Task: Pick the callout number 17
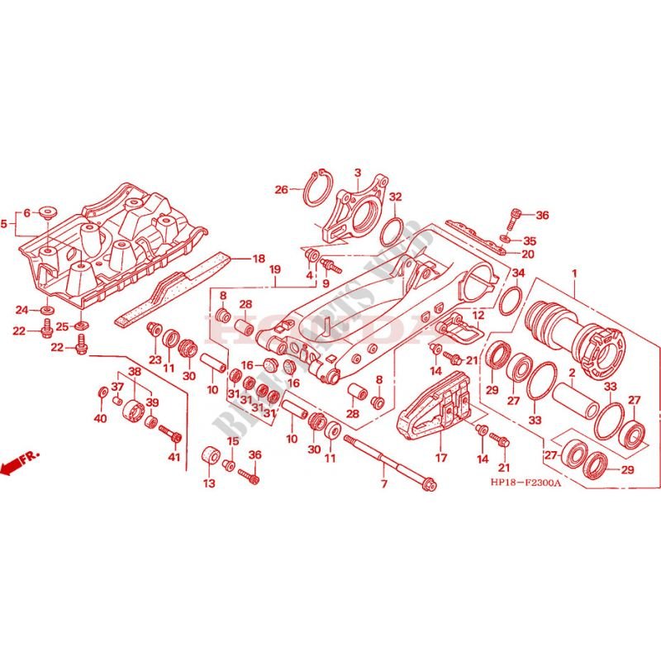tap(440, 456)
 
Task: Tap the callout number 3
tap(358, 173)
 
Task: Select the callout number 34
tap(518, 273)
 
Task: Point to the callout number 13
tap(209, 483)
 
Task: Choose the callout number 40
tap(101, 419)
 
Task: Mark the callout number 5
tap(4, 223)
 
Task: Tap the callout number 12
tap(478, 316)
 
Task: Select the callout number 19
tap(275, 269)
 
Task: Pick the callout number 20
tap(528, 254)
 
